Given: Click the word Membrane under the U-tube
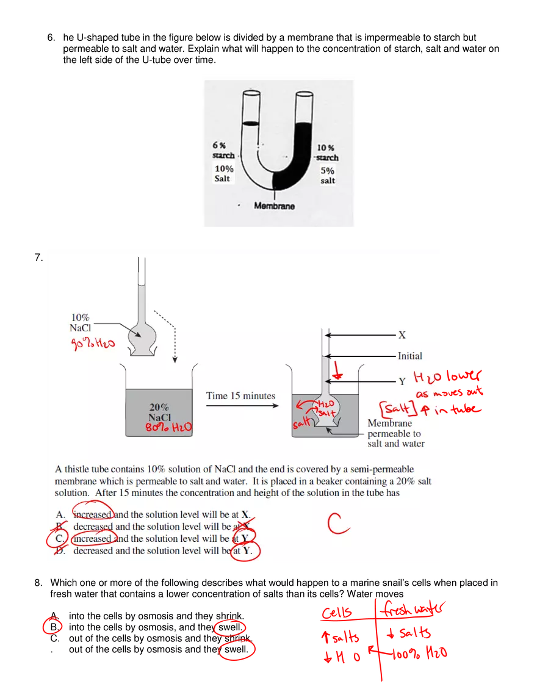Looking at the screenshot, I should [274, 206].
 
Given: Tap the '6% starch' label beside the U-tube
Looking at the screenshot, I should [223, 150].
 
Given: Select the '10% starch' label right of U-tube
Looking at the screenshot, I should [327, 153].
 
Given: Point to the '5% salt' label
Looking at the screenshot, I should [328, 176].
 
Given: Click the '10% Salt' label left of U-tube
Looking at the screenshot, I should [223, 173].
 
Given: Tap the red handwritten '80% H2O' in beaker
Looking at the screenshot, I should [168, 428].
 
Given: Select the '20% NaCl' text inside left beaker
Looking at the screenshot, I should [159, 412].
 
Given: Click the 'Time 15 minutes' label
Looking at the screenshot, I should [240, 395].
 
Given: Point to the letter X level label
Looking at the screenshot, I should [402, 335].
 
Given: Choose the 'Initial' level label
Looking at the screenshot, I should [409, 356].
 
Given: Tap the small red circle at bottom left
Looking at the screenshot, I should [52, 627].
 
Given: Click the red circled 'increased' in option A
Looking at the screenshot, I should [93, 514].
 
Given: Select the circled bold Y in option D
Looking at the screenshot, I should [247, 551].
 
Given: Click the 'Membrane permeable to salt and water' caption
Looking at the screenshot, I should [395, 433].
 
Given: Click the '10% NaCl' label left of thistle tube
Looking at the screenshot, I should [80, 323].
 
